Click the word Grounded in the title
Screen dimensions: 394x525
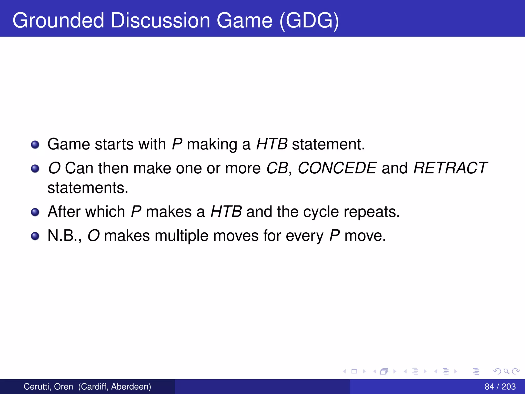(x=58, y=21)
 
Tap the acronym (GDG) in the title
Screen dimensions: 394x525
(x=309, y=21)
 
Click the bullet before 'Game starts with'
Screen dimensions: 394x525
(x=35, y=145)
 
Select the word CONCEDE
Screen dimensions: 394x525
(x=337, y=168)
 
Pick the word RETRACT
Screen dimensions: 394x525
(x=450, y=168)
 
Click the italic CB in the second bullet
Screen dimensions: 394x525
(x=277, y=168)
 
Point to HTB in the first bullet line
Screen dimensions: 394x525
(x=272, y=144)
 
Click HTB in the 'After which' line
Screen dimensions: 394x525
(x=226, y=212)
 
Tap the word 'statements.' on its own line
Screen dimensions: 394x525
(x=88, y=188)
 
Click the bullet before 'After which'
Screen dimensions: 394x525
(x=35, y=212)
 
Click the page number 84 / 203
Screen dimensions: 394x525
(x=500, y=387)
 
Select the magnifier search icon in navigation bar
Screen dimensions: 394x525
(x=506, y=371)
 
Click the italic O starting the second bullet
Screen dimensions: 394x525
(x=54, y=168)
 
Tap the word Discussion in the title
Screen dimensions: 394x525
(x=160, y=21)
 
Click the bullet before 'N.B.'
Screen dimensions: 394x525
(x=35, y=236)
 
